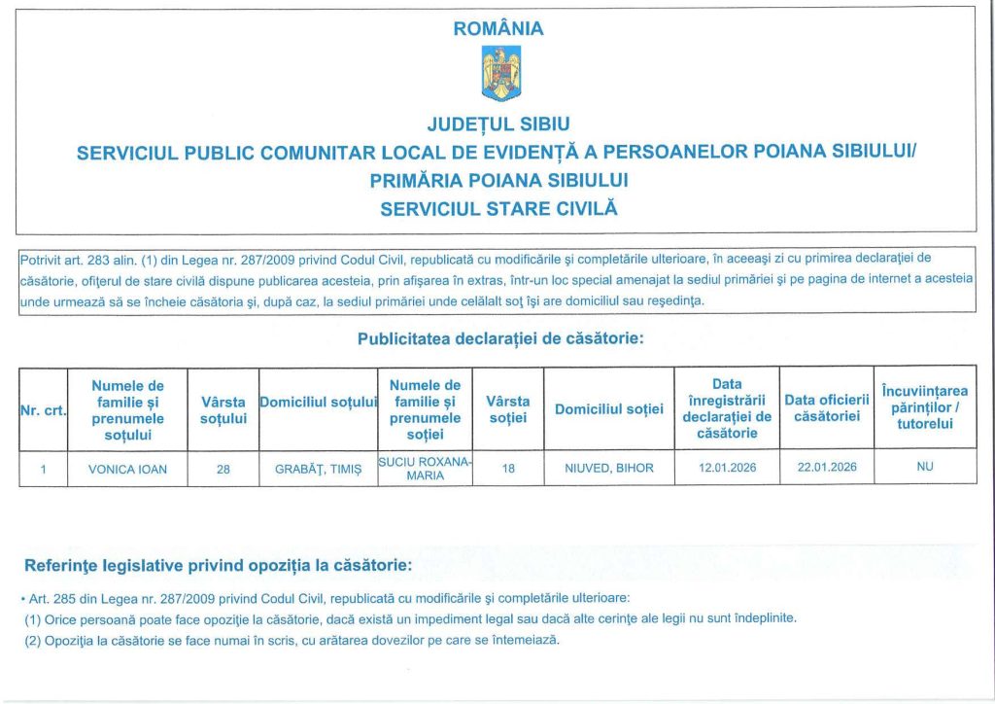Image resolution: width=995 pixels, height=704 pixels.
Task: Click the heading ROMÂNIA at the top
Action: (498, 29)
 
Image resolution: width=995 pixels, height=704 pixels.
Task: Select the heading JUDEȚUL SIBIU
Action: (498, 124)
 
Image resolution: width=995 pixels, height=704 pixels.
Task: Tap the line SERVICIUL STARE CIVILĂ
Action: (498, 208)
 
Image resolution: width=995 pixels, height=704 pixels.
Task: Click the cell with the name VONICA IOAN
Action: (127, 469)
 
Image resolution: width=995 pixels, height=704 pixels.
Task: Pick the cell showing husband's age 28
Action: (223, 469)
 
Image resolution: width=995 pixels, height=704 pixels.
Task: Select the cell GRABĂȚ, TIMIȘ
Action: (317, 469)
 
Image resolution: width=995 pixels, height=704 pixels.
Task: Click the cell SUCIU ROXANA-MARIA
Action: (425, 469)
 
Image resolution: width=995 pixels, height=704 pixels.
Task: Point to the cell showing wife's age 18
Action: (507, 469)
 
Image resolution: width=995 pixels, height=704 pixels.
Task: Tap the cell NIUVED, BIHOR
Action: (609, 469)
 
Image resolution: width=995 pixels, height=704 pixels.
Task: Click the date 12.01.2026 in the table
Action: (728, 468)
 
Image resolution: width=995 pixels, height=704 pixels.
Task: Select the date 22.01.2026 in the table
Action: (827, 468)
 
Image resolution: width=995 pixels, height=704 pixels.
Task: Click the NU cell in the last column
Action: (925, 468)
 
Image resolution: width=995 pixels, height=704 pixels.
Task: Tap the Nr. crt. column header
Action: (43, 410)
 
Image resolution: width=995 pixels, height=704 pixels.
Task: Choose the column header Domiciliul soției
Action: (609, 409)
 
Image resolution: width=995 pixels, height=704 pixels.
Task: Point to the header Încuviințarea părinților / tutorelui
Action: (925, 407)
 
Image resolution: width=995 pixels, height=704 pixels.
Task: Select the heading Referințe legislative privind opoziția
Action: (218, 565)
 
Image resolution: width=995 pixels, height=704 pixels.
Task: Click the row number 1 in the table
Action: (43, 469)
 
